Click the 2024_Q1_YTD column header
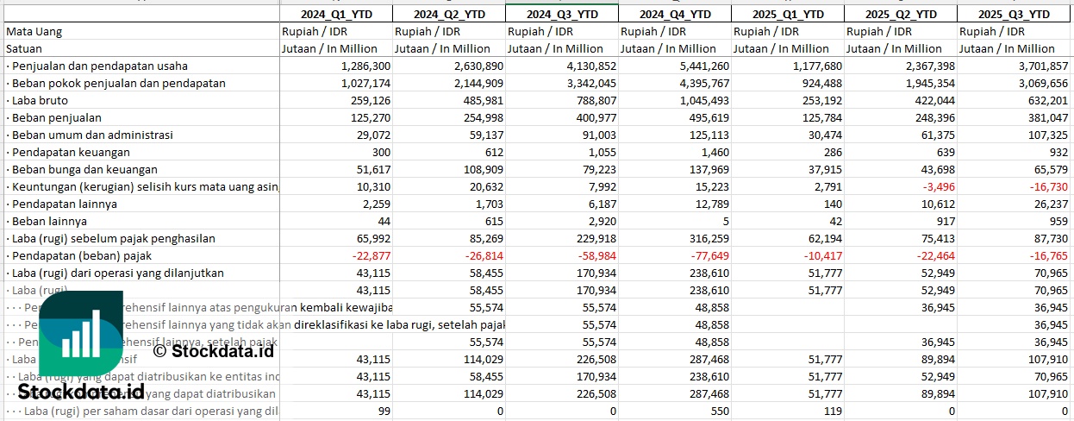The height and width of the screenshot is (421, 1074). (x=335, y=14)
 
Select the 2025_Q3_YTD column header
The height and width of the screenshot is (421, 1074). (x=1015, y=14)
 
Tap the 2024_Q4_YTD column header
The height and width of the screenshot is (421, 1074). (x=675, y=14)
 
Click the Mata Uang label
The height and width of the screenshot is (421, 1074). (x=34, y=31)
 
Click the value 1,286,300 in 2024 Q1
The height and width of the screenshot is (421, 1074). (x=366, y=66)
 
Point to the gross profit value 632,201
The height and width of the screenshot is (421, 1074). (x=1044, y=100)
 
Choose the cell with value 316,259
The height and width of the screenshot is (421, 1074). (x=706, y=238)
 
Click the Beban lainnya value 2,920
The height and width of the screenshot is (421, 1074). (x=601, y=221)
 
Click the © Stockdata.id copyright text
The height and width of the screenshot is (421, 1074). (x=213, y=350)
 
